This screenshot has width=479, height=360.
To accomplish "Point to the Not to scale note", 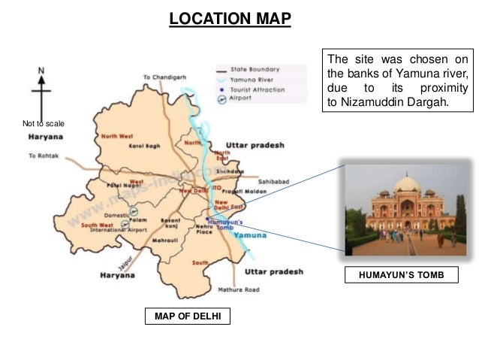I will [44, 123].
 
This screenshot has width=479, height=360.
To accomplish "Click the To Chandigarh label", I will [165, 77].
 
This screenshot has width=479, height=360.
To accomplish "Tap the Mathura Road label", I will [239, 289].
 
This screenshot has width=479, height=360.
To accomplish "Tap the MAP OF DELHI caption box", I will [187, 316].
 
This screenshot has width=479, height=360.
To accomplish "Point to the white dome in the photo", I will [407, 183].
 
